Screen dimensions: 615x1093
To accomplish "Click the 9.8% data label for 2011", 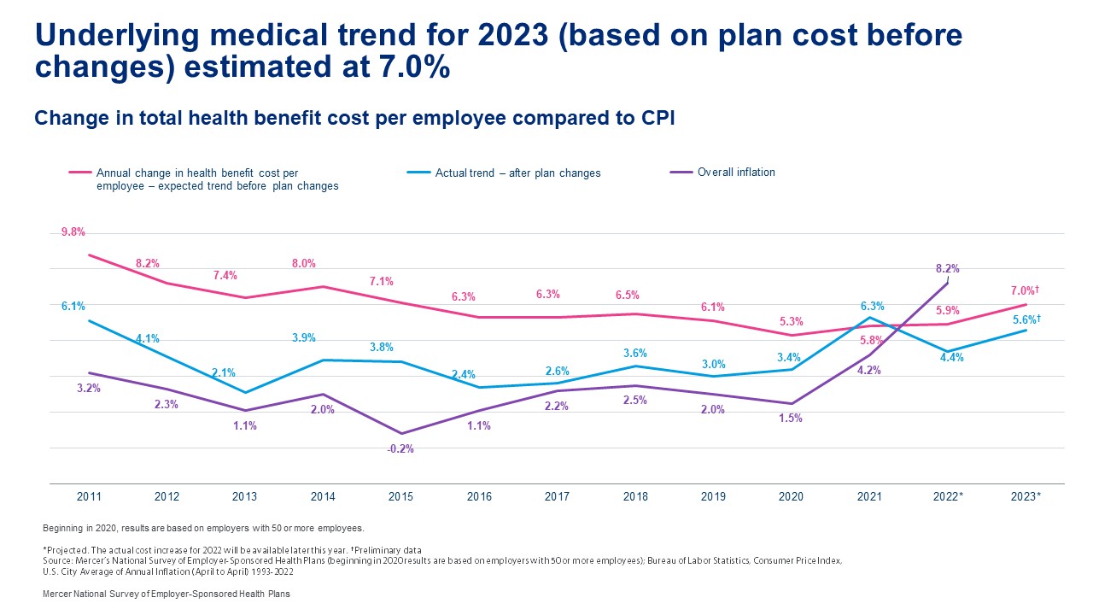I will coord(73,232).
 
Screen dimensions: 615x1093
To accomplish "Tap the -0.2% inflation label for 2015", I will coord(400,449).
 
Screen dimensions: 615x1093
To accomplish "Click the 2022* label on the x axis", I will coord(948,497).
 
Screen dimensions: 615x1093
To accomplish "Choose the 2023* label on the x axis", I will coord(1026,497).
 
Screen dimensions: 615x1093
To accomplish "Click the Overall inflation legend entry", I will coord(736,173).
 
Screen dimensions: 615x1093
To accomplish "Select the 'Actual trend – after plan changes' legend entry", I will coord(517,173).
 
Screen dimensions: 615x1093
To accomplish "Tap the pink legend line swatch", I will coord(80,173).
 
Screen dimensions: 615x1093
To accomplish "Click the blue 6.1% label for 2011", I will coord(73,306).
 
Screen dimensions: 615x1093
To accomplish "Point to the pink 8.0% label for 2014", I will coord(304,264).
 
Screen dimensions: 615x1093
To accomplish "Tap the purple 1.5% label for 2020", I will coord(790,419).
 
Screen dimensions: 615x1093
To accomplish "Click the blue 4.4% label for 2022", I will coord(951,358).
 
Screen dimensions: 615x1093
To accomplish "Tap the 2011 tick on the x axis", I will coord(89,497).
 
